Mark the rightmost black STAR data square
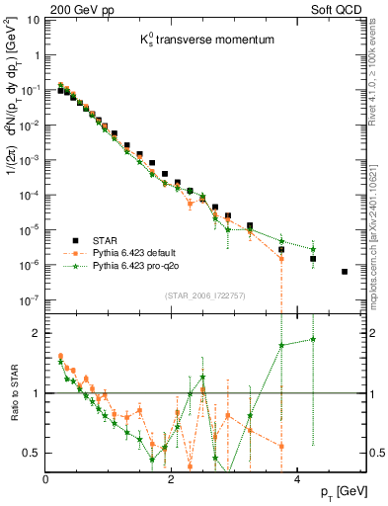click(344, 272)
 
